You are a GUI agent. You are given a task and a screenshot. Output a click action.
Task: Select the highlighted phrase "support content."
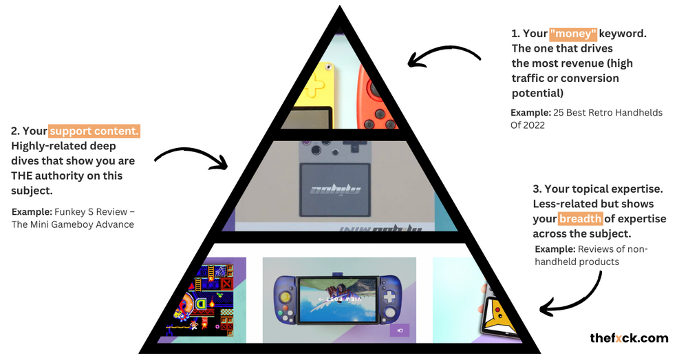[94, 131]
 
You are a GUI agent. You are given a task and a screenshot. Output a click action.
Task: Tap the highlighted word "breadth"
[581, 219]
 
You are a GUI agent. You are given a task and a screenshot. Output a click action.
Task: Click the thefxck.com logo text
[629, 338]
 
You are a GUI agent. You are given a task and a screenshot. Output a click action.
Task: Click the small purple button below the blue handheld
[399, 331]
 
